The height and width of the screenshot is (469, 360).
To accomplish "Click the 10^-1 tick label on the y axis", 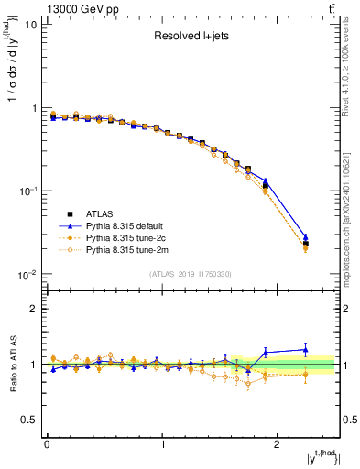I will click(x=27, y=191).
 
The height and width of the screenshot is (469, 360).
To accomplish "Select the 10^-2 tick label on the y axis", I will click(x=27, y=275).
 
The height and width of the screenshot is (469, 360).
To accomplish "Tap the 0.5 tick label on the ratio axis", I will click(x=28, y=420).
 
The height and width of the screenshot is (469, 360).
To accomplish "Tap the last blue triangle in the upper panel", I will click(x=306, y=237).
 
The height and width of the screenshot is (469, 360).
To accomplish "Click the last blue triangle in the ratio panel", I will click(x=306, y=349).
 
